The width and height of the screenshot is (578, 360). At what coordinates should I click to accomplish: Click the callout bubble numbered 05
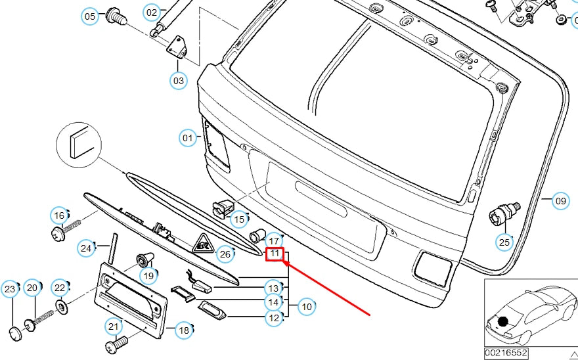(90, 16)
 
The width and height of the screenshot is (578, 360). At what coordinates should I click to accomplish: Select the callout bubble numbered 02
(152, 12)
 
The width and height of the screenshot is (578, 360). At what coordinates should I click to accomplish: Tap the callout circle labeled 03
(178, 81)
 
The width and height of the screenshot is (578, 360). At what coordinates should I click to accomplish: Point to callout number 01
(189, 138)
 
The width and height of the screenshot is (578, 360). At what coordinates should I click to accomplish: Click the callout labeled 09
(560, 201)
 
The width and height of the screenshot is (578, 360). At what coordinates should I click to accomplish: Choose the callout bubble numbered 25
(504, 242)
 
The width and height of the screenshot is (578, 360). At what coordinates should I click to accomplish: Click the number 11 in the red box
(275, 254)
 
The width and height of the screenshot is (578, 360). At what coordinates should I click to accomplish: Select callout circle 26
(225, 254)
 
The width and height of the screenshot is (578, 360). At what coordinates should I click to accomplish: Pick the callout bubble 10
(306, 305)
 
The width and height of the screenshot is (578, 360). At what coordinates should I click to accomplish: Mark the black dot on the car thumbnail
(503, 321)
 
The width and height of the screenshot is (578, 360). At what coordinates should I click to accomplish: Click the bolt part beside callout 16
(66, 230)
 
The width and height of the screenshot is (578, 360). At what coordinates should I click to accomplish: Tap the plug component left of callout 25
(502, 213)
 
